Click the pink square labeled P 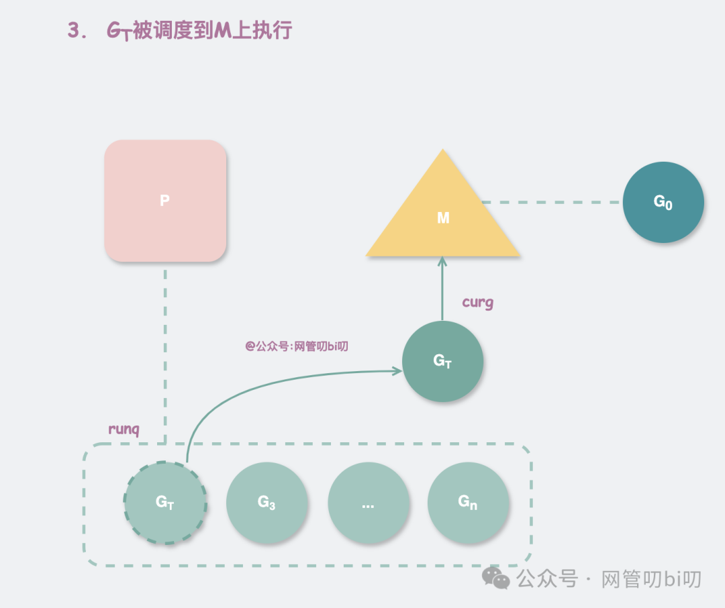click(x=165, y=201)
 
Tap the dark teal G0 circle click(x=663, y=202)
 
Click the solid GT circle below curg click(x=442, y=361)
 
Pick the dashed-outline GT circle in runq click(x=165, y=503)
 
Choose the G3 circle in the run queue click(x=267, y=503)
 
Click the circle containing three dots click(x=368, y=503)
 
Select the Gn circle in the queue click(x=468, y=503)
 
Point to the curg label click(x=478, y=302)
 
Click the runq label click(x=124, y=429)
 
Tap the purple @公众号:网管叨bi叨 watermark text click(x=296, y=346)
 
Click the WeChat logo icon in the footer click(x=497, y=578)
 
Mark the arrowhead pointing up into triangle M click(x=442, y=262)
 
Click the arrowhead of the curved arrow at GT click(x=396, y=369)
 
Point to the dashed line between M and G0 click(x=550, y=202)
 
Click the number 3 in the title click(x=74, y=31)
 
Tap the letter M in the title click(x=222, y=31)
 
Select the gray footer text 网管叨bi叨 click(x=651, y=578)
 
